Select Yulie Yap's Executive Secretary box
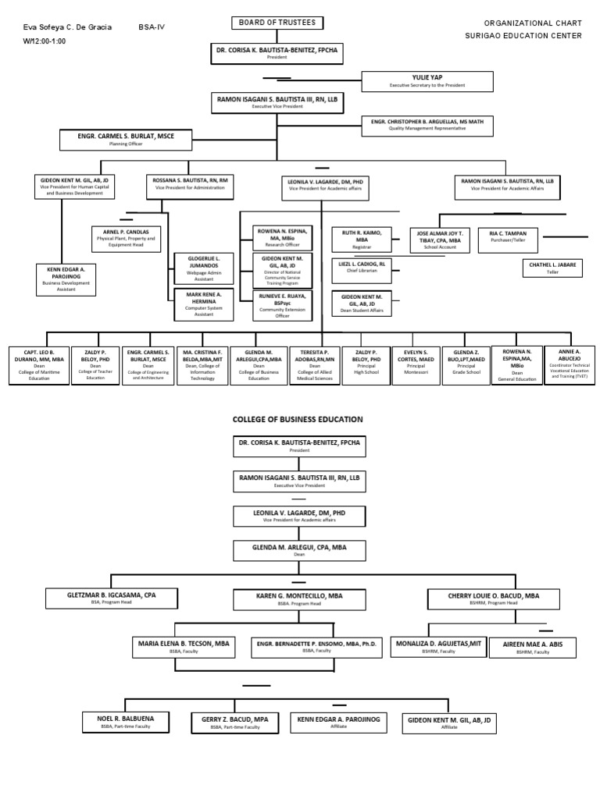point(427,81)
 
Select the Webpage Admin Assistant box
point(203,268)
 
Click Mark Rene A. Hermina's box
point(203,304)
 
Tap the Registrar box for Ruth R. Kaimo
point(362,239)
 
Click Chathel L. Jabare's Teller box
point(552,268)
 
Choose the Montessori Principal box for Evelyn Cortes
point(416,363)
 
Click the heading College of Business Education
point(298,420)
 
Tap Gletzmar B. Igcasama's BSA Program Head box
point(123,599)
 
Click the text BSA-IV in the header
point(152,27)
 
